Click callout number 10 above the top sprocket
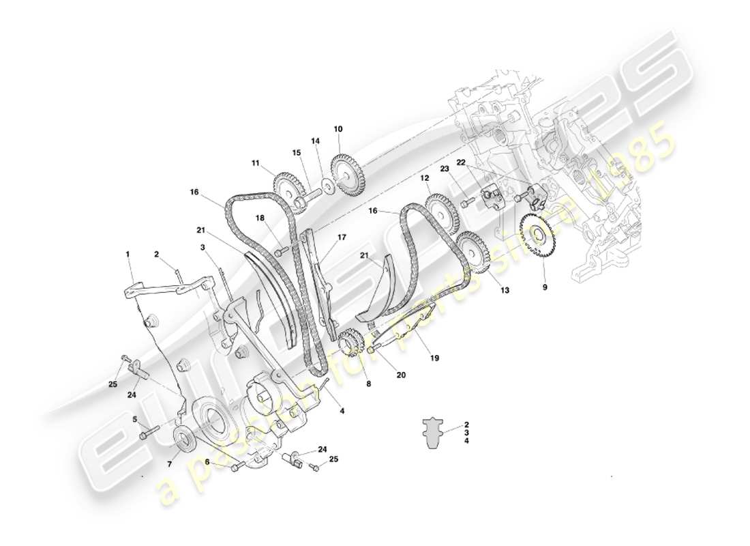pos(338,129)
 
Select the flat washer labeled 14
pos(328,185)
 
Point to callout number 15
pos(297,152)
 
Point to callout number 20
pos(401,374)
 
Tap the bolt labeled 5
pos(149,433)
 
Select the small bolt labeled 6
pos(237,468)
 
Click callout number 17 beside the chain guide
pos(342,238)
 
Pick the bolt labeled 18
pos(279,252)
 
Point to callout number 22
pos(461,162)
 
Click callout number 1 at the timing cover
pos(127,253)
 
